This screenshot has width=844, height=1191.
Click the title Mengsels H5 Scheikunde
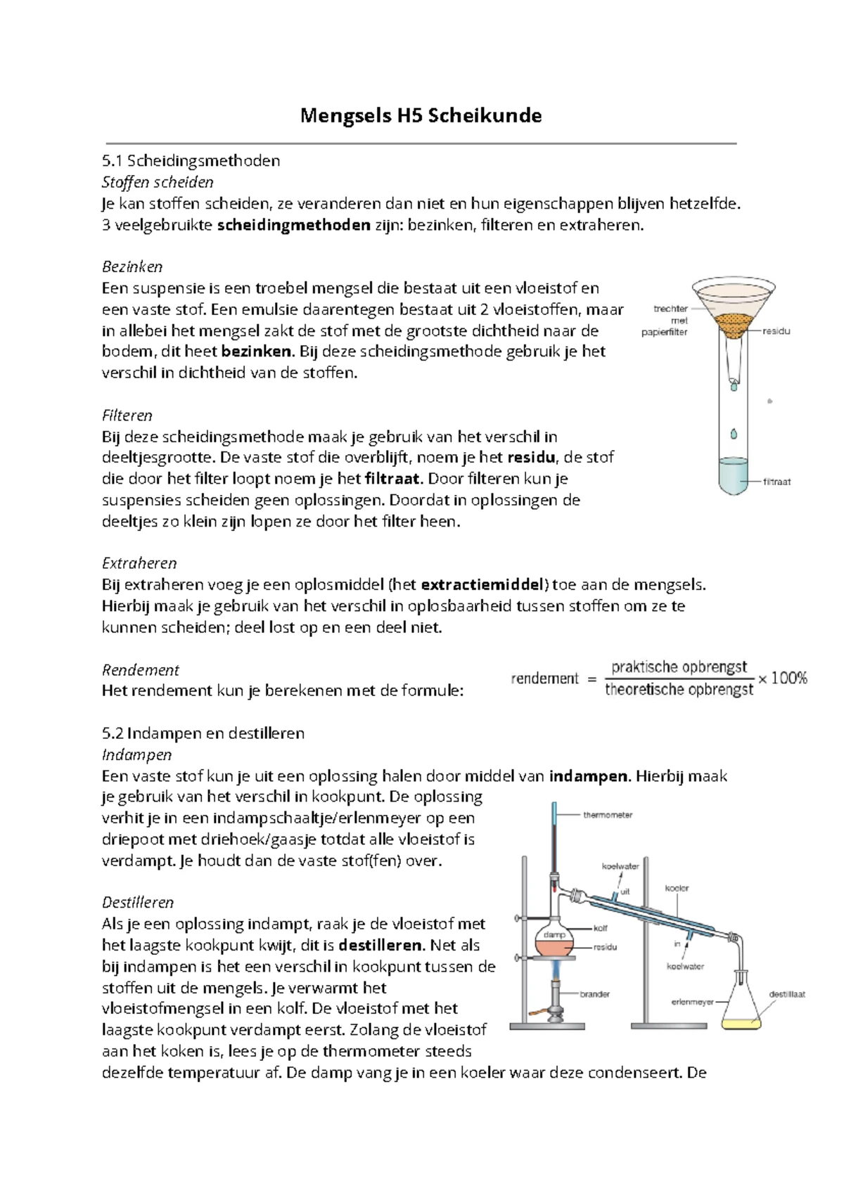421,115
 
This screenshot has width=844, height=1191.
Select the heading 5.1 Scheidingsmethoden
191,160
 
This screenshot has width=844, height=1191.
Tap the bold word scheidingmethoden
294,225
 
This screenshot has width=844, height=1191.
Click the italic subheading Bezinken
132,266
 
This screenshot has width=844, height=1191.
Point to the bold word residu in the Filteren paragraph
531,458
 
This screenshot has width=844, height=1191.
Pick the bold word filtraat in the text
393,479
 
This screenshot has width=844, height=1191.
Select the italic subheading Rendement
140,669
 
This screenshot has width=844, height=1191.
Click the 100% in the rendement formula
789,678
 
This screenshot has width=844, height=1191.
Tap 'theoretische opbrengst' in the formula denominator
679,690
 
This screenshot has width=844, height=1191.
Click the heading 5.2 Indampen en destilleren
203,733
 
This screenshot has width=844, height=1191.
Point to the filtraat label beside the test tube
777,482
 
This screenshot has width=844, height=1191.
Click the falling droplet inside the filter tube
734,434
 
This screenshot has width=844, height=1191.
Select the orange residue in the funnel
733,324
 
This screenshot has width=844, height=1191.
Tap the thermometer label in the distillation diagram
608,815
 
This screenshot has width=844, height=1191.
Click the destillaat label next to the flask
787,994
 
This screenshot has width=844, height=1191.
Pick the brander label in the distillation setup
594,994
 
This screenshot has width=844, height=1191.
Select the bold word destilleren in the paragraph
381,945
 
